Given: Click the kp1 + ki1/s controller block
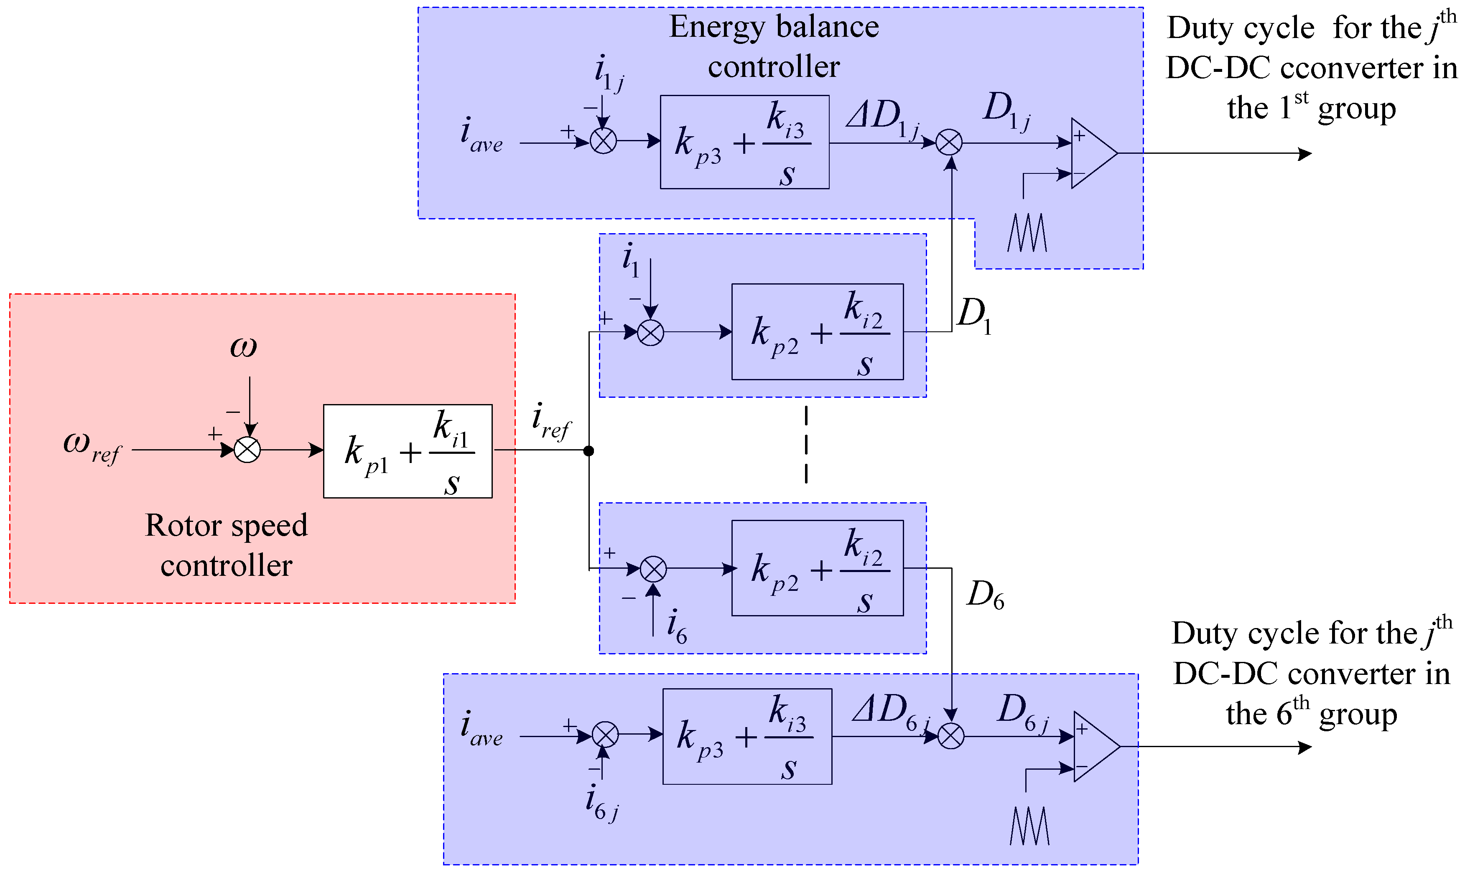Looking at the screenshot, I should coord(408,451).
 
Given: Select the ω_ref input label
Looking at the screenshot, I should coord(92,446).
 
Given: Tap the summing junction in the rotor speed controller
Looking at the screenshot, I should coord(247,450).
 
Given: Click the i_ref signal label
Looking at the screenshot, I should coord(551,421).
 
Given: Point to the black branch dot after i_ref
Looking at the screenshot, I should coord(589,451).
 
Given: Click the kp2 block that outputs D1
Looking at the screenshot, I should coord(817,332).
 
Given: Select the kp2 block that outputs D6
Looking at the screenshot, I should coord(817,568).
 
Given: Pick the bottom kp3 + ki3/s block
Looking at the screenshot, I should coord(747,736).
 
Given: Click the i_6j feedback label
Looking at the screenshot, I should coord(601,804).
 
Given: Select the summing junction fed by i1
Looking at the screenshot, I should coord(650,333).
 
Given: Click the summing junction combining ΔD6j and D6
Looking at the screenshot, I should coord(950,736).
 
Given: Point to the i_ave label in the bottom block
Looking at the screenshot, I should coord(481,728).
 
